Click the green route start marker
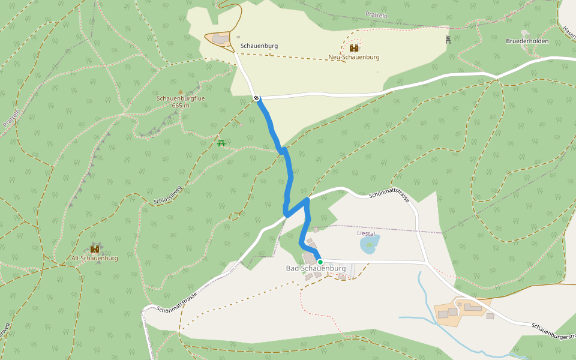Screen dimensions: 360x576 pos(320,262)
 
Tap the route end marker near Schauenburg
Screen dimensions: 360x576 pos(256,98)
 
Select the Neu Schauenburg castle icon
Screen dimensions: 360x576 pos(354,48)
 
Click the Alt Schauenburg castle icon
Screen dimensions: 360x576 pos(95,249)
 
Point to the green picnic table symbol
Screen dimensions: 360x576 pos(221,143)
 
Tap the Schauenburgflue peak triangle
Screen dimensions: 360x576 pos(181,92)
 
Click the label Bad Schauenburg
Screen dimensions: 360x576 pos(316,268)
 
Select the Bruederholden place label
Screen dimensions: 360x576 pos(527,41)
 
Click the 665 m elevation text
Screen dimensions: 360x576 pos(181,106)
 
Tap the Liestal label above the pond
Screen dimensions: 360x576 pos(366,233)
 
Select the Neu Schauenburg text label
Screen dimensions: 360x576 pos(354,57)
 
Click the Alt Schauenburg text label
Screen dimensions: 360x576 pos(95,258)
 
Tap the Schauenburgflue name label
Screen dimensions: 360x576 pos(181,98)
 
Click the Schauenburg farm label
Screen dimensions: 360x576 pos(259,45)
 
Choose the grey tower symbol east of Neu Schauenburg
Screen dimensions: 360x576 pos(448,40)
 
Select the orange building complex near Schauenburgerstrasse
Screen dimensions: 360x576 pos(462,310)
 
